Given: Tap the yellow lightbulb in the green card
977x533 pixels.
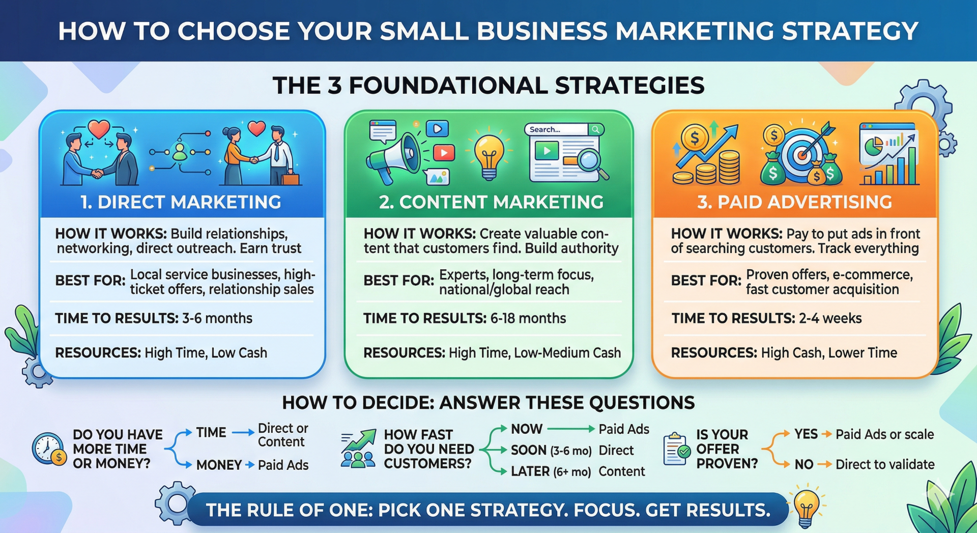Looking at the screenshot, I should point(489,155).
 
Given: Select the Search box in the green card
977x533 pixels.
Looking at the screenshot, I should point(557,129).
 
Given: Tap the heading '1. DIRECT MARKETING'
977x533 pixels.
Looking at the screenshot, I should point(181,202).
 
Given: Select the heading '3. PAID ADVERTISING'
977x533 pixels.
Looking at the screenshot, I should point(794,202).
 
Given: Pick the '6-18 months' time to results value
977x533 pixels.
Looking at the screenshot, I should point(528,318).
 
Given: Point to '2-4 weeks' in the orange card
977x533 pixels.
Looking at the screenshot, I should point(830,318).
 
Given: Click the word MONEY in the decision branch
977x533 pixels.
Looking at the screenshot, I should point(219,465).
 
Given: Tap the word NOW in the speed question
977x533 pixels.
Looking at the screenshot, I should point(527,429).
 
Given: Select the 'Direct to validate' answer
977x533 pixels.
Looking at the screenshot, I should point(884,464).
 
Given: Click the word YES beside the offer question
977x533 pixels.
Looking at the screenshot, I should point(806,434).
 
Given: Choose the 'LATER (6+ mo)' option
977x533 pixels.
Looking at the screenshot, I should point(551,471).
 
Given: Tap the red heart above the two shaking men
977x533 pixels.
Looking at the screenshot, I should point(99,128).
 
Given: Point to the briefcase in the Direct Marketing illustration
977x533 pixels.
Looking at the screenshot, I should point(291,179).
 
